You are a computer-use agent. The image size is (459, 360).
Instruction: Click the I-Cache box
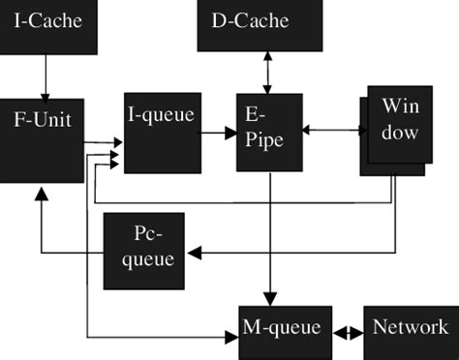pyautogui.click(x=47, y=24)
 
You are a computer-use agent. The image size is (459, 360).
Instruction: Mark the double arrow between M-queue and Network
pyautogui.click(x=347, y=329)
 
